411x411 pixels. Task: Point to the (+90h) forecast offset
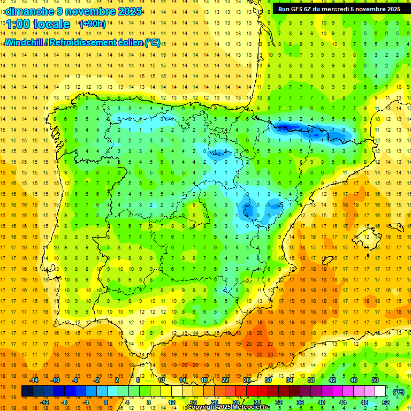(x=92, y=24)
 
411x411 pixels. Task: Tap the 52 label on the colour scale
(x=386, y=402)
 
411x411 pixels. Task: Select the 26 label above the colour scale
(x=247, y=380)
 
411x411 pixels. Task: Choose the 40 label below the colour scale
(x=322, y=402)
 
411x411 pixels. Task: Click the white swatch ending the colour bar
(x=380, y=391)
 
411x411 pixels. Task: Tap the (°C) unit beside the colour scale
(x=398, y=391)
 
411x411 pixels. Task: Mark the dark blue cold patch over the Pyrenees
(x=286, y=127)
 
